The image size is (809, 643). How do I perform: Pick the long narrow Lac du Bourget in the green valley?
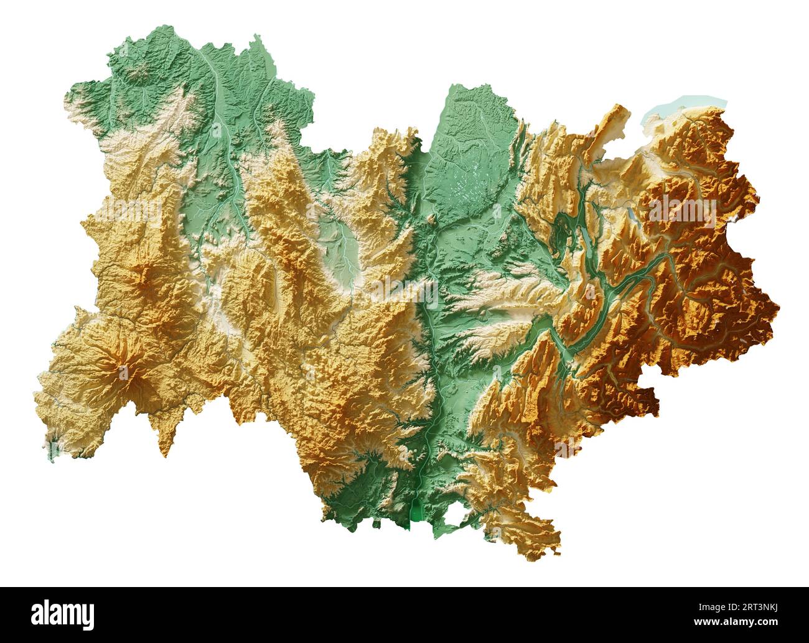pyautogui.click(x=587, y=246)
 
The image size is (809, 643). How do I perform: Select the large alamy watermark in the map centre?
pyautogui.click(x=404, y=286)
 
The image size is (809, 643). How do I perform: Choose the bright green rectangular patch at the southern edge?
pyautogui.click(x=416, y=514)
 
